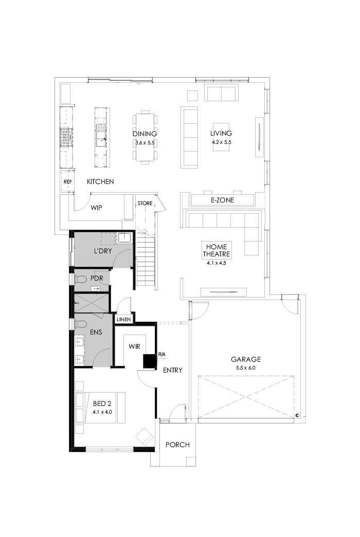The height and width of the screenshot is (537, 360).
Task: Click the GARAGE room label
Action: pyautogui.click(x=245, y=360)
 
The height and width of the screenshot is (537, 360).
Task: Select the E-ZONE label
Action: pyautogui.click(x=222, y=200)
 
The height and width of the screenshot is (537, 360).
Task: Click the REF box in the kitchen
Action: pyautogui.click(x=67, y=182)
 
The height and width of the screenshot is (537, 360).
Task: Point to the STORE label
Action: pyautogui.click(x=145, y=203)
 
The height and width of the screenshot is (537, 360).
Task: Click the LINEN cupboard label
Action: pyautogui.click(x=124, y=320)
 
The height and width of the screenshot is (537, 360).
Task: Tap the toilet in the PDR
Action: pyautogui.click(x=80, y=279)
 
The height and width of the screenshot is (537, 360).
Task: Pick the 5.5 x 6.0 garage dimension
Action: pyautogui.click(x=245, y=368)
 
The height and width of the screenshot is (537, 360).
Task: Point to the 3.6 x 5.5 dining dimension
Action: pyautogui.click(x=145, y=142)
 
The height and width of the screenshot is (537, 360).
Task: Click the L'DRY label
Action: pyautogui.click(x=103, y=251)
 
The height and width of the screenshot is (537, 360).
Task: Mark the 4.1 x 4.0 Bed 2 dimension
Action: pyautogui.click(x=102, y=412)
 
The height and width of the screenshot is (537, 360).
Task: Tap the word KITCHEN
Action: pyautogui.click(x=100, y=182)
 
